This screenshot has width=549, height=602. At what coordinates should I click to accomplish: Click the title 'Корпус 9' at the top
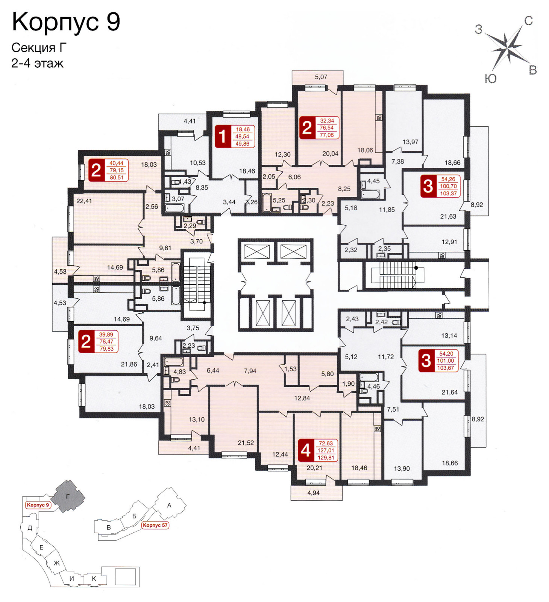tap(66, 22)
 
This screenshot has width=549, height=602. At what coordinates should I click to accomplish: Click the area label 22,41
tap(84, 201)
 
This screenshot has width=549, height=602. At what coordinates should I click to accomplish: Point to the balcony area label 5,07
tap(321, 77)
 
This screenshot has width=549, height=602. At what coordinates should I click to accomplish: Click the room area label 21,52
tap(246, 443)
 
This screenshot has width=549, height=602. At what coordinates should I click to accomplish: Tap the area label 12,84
tap(302, 398)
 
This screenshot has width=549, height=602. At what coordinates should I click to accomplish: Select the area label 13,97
tap(410, 142)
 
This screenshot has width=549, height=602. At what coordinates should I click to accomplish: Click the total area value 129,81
tap(326, 458)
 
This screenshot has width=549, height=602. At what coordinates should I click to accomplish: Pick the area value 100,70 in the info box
tap(448, 186)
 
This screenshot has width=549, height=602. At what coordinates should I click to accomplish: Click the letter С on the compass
tap(528, 21)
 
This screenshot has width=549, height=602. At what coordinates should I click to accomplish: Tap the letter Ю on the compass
tap(490, 78)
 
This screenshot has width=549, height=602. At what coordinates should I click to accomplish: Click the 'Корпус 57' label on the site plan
tap(155, 525)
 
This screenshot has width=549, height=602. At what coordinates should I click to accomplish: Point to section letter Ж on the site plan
tap(57, 563)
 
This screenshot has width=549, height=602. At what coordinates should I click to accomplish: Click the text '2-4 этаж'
tap(38, 63)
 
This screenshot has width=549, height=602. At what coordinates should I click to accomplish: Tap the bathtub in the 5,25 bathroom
tap(267, 202)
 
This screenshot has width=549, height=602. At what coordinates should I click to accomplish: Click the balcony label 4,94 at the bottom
tap(314, 493)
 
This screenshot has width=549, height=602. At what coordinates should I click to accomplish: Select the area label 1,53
tap(290, 369)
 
